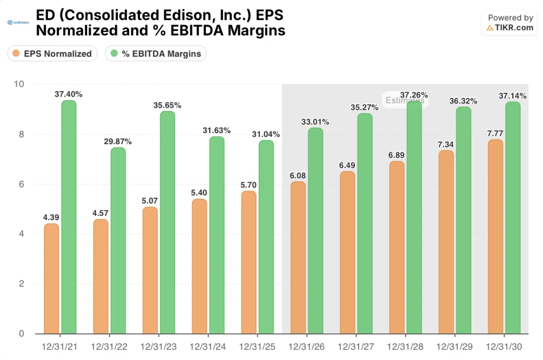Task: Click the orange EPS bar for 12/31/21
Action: [x=51, y=278]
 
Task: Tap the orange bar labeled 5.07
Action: [x=150, y=270]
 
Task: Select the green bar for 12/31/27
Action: [x=364, y=223]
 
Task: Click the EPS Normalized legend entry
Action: [x=52, y=54]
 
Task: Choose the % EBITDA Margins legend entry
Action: [x=155, y=54]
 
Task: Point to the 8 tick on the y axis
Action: [x=21, y=134]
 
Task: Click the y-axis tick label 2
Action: [x=21, y=284]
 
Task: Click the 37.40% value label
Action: [x=68, y=94]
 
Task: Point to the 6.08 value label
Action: [x=298, y=175]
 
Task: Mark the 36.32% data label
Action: [x=463, y=101]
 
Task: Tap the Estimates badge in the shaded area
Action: [x=405, y=100]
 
